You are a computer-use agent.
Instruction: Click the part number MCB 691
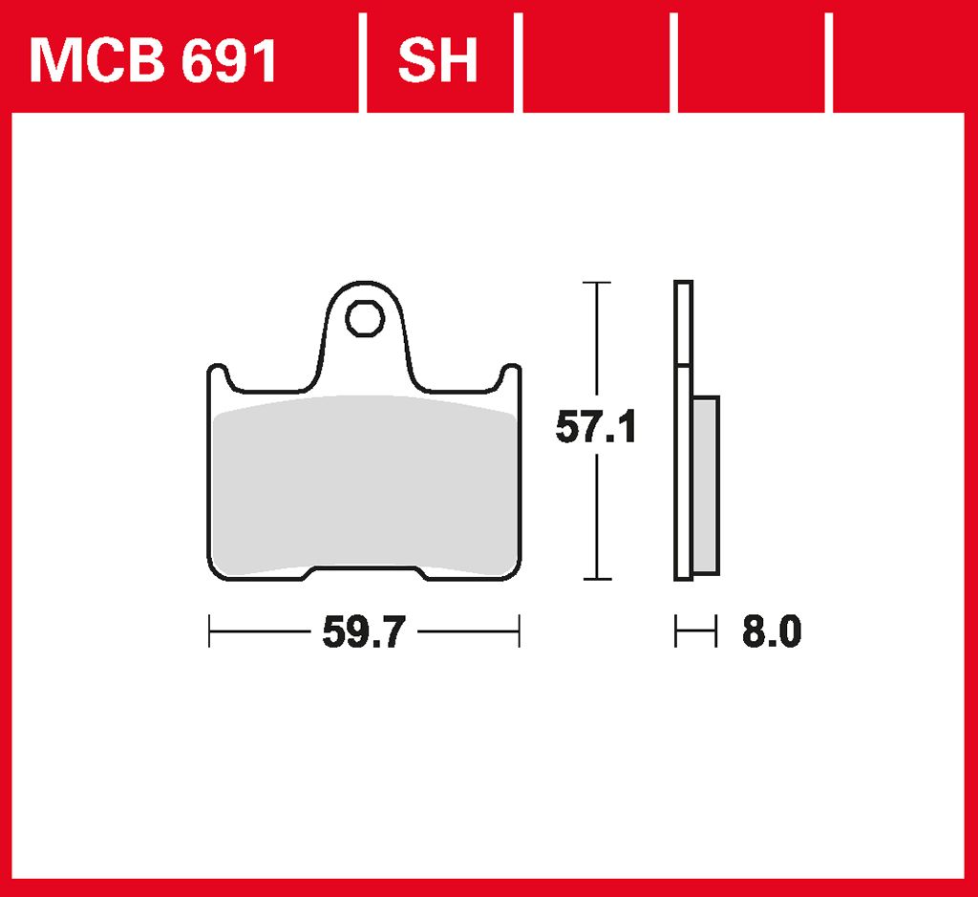click(154, 61)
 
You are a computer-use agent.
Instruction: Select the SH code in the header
click(437, 61)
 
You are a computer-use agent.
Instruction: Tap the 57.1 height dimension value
click(597, 429)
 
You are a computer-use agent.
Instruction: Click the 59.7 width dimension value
click(365, 631)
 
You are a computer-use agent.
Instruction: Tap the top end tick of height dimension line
click(597, 283)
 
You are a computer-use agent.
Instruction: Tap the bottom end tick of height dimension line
click(597, 579)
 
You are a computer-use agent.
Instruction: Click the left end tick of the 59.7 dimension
click(209, 631)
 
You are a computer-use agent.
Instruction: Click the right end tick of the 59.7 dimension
click(519, 631)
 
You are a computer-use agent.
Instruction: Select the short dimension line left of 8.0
click(695, 631)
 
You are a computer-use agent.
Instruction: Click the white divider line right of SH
click(519, 61)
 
